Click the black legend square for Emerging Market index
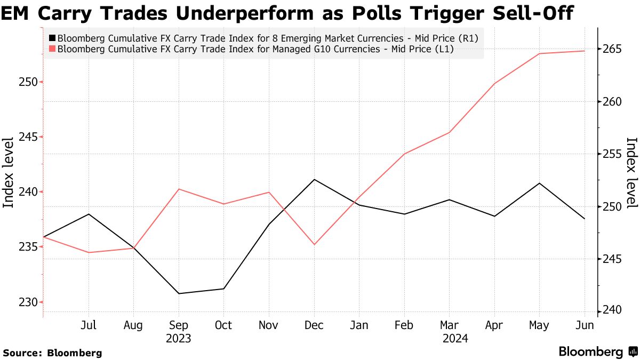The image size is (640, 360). click(52, 38)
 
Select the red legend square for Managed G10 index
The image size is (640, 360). click(52, 49)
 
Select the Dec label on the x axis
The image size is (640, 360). click(314, 325)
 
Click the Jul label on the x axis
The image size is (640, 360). click(88, 325)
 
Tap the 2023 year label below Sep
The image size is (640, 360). click(178, 339)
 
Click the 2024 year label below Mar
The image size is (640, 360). click(450, 339)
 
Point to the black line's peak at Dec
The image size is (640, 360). click(314, 180)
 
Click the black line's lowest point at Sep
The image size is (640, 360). click(178, 293)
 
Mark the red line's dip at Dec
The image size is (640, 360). click(314, 244)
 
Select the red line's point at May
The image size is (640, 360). click(540, 54)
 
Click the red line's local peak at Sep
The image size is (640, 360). click(178, 189)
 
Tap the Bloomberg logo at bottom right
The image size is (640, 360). click(598, 352)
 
